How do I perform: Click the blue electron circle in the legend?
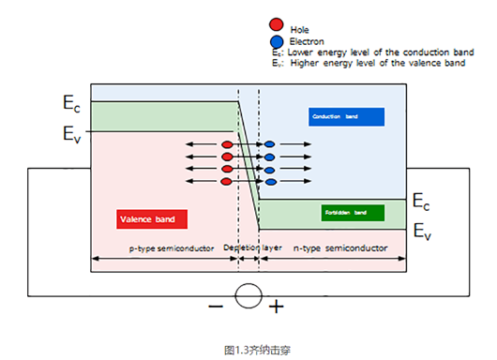tap(275, 41)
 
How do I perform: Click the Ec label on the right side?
tap(424, 202)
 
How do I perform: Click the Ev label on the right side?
tap(424, 230)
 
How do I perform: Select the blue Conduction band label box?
tap(346, 116)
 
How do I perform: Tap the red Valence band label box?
tap(153, 219)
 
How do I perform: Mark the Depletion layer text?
tap(252, 248)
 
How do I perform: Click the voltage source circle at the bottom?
tap(248, 297)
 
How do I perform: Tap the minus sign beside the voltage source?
tap(216, 307)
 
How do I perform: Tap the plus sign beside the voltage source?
tap(277, 307)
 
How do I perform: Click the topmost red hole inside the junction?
tap(227, 145)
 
